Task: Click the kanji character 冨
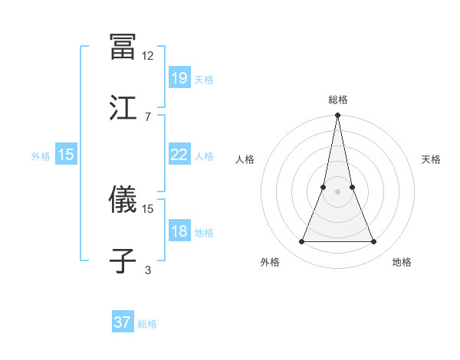[x=123, y=46]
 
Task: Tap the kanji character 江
[x=123, y=107]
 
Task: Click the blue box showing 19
[x=179, y=77]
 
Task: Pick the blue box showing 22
[x=179, y=155]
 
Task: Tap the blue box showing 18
[x=179, y=231]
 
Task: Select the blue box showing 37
[x=123, y=322]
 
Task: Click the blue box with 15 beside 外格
[x=66, y=155]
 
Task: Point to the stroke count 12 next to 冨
[x=148, y=56]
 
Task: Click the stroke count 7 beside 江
[x=148, y=116]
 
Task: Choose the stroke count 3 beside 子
[x=148, y=270]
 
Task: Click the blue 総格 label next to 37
[x=147, y=324]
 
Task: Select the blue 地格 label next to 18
[x=204, y=233]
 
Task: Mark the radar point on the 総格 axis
[x=337, y=116]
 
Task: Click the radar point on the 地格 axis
[x=373, y=242]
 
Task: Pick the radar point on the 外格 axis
[x=301, y=242]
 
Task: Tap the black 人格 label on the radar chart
[x=245, y=159]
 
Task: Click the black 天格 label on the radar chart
[x=432, y=159]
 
